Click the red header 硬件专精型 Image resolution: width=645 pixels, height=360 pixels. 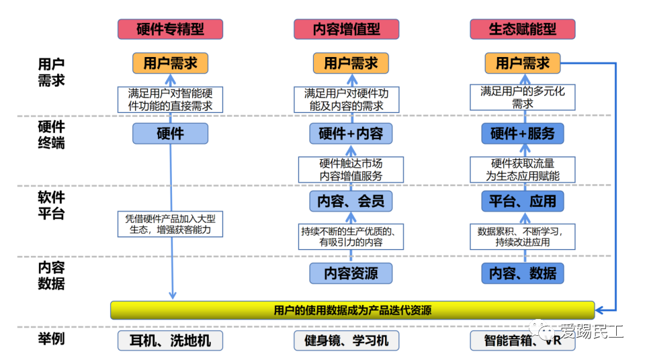pyautogui.click(x=170, y=29)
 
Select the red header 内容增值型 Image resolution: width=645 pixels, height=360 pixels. pyautogui.click(x=347, y=29)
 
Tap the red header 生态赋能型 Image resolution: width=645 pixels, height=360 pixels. pyautogui.click(x=523, y=29)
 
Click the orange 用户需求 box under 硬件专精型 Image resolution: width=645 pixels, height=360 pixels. pyautogui.click(x=170, y=63)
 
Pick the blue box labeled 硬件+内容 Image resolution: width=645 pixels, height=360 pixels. pyautogui.click(x=350, y=133)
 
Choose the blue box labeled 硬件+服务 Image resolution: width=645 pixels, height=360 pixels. pyautogui.click(x=523, y=133)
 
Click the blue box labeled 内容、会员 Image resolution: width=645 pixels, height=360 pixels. pyautogui.click(x=350, y=200)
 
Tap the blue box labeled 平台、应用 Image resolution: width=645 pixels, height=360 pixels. pyautogui.click(x=523, y=200)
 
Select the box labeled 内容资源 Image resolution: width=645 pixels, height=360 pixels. pyautogui.click(x=350, y=273)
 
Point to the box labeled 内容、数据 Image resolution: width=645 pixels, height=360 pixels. pyautogui.click(x=523, y=273)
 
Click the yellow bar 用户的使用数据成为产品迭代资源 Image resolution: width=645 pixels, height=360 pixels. pyautogui.click(x=352, y=310)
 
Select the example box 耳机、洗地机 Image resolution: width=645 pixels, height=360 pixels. pyautogui.click(x=170, y=340)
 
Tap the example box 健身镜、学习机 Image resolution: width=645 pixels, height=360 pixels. pyautogui.click(x=347, y=340)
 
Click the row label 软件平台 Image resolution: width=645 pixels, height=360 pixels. pyautogui.click(x=52, y=205)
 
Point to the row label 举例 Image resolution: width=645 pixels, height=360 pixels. pyautogui.click(x=52, y=338)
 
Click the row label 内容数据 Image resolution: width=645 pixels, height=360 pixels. pyautogui.click(x=52, y=274)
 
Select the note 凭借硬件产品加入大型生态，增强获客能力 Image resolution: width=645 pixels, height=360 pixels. pyautogui.click(x=170, y=224)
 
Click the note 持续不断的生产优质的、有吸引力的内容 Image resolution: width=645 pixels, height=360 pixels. pyautogui.click(x=350, y=236)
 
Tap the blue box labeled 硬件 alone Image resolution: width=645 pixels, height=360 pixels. pyautogui.click(x=170, y=133)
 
